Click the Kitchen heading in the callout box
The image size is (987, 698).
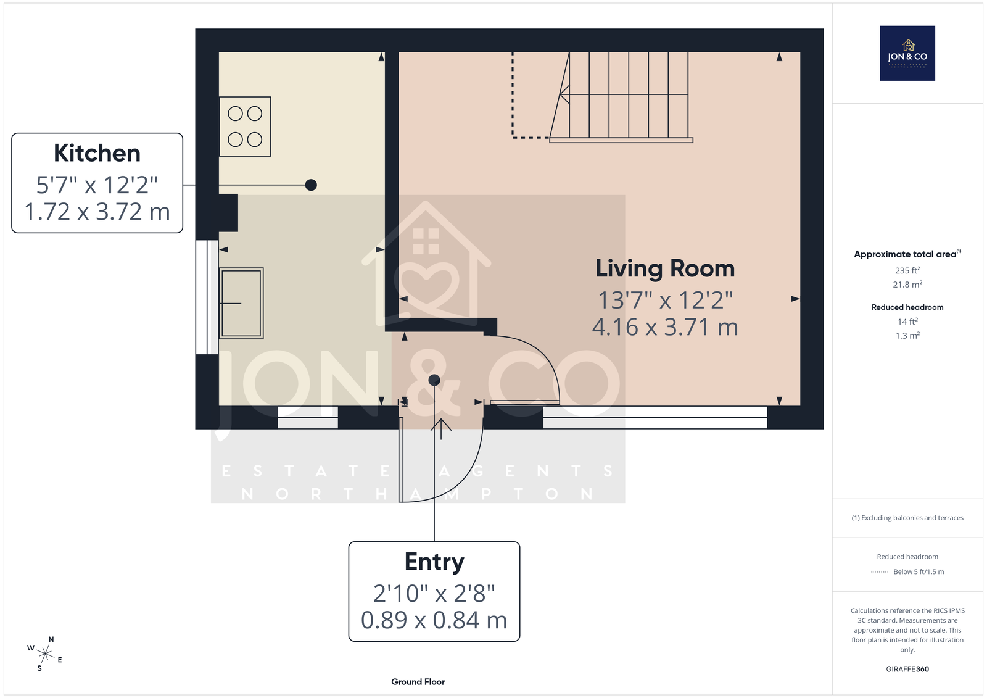point(97,153)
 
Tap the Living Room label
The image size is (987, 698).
point(665,268)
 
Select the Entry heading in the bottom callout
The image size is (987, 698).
point(434,562)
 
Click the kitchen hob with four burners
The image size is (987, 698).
point(245,127)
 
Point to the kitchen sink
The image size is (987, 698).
point(241,304)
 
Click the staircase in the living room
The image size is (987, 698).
point(621,97)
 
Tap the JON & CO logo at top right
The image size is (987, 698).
point(907,53)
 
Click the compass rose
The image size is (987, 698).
point(44,654)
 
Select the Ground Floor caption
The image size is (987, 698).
point(418,682)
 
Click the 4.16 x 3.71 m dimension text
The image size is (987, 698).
point(665,327)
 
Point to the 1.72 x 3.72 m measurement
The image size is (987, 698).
point(97,212)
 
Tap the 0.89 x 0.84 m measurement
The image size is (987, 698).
point(434,620)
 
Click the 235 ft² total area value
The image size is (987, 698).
point(907,270)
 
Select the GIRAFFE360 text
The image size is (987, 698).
point(907,669)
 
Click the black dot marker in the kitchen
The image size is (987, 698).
point(311,185)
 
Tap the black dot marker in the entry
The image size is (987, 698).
point(434,380)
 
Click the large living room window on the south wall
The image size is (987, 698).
point(655,417)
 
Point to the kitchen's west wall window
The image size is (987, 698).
point(207,297)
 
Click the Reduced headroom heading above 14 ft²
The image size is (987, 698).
point(907,307)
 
